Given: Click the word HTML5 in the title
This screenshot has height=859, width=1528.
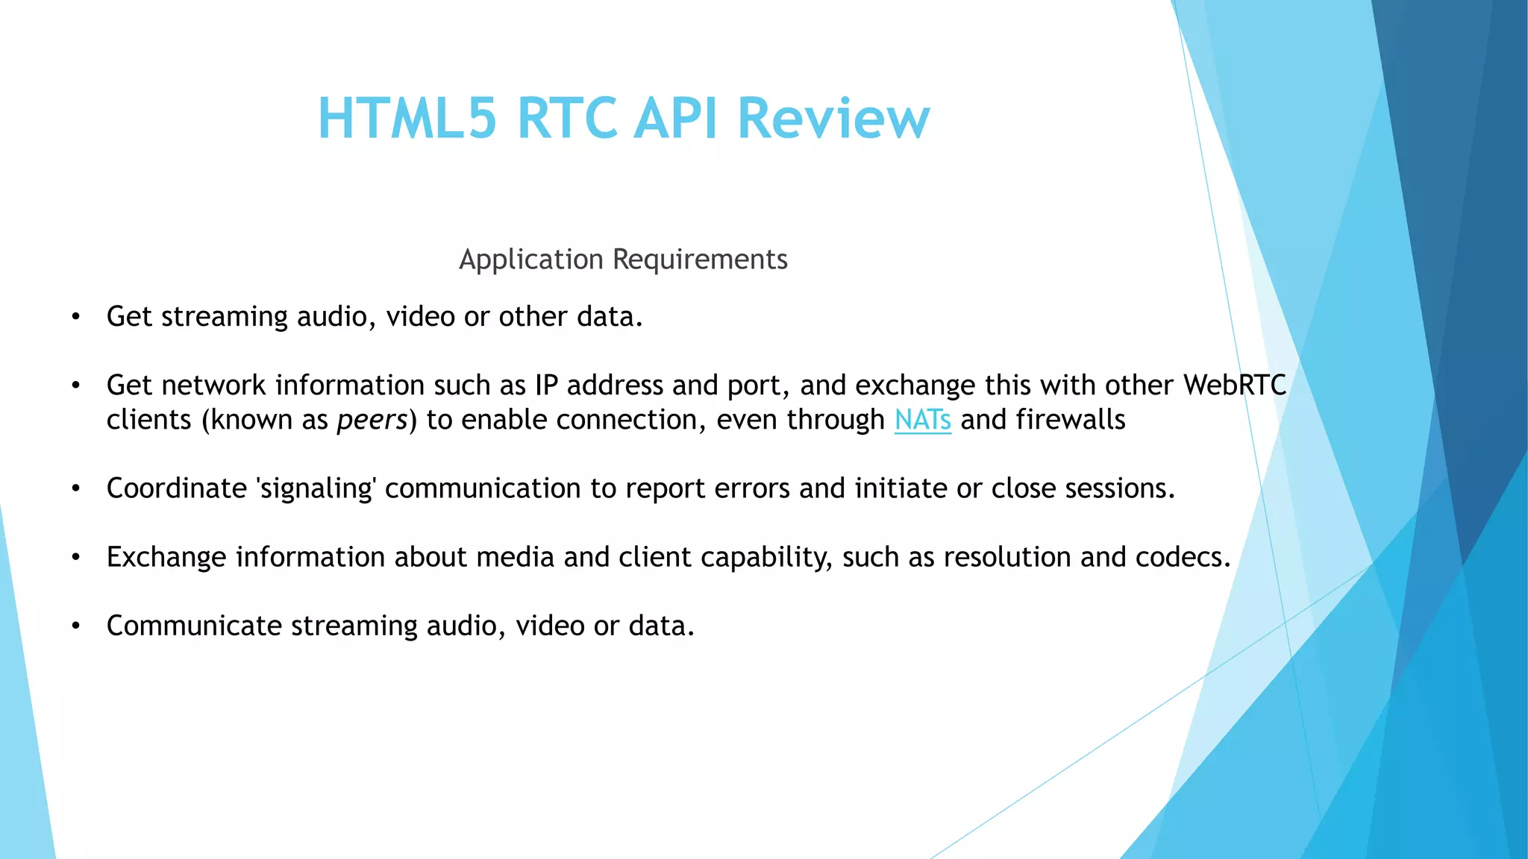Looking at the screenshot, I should pos(407,118).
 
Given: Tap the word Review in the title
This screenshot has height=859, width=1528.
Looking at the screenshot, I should pos(833,118).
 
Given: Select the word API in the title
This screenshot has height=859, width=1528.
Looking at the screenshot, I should pos(676,118).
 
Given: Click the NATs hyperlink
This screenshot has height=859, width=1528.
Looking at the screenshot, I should pos(923,420).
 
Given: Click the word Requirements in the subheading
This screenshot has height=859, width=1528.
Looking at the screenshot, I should pos(700,259).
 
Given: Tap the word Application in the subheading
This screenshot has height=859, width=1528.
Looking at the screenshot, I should pos(531,259).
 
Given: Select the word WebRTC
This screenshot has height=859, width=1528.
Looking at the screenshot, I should pos(1235,386).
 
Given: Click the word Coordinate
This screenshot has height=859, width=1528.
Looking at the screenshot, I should pos(177,488).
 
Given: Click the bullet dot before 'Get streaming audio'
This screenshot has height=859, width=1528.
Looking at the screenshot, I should pos(75,318).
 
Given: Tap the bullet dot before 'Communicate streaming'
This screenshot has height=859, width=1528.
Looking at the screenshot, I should pos(75,626).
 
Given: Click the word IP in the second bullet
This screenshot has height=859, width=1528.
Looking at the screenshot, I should pos(546,386).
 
